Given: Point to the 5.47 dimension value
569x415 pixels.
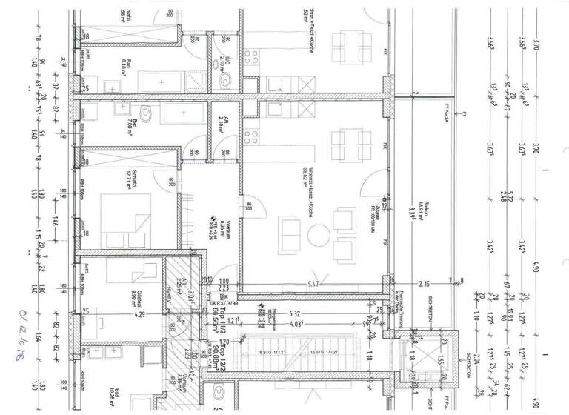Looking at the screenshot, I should click(x=314, y=283).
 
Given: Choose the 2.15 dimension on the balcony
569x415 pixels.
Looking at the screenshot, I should click(x=424, y=283).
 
